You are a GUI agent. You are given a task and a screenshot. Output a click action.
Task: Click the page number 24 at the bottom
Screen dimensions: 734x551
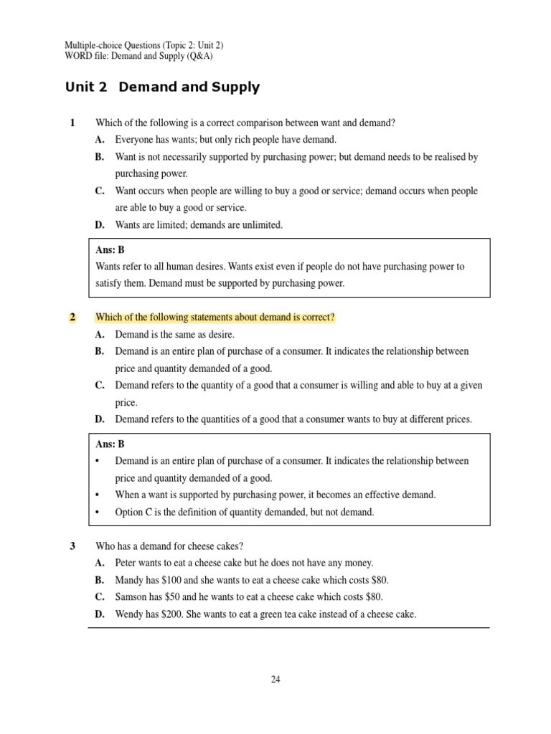click(275, 680)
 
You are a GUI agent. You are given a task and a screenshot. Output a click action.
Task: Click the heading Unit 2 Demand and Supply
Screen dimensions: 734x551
click(162, 88)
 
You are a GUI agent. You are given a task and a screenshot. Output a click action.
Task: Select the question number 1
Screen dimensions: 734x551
click(72, 123)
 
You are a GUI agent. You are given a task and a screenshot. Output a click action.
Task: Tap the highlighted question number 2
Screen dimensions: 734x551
click(72, 318)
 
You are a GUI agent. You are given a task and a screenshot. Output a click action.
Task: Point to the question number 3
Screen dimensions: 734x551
click(72, 546)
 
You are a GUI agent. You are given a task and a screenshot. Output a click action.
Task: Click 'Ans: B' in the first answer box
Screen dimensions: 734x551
click(110, 249)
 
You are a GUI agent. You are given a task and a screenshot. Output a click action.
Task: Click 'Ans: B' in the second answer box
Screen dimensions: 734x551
click(110, 444)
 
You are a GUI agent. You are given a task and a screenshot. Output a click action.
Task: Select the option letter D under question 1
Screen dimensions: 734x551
click(100, 225)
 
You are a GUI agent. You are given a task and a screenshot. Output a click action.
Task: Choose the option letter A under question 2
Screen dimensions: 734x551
click(100, 335)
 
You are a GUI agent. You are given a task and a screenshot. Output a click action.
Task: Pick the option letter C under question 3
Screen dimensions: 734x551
click(100, 597)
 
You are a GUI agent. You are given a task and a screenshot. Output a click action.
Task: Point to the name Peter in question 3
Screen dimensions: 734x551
click(127, 563)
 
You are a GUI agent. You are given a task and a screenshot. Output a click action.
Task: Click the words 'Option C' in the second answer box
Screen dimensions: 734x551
click(134, 513)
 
